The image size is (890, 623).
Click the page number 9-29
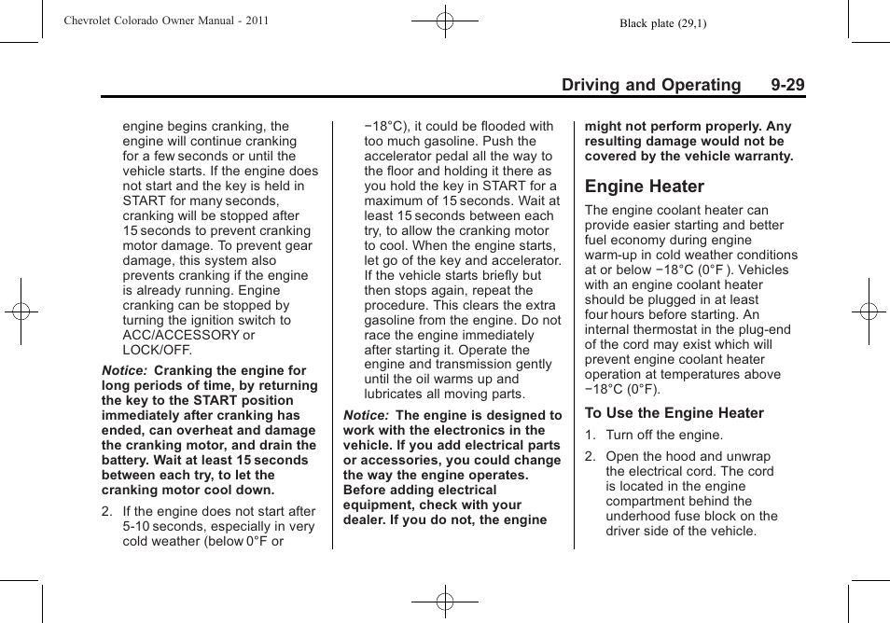pyautogui.click(x=787, y=85)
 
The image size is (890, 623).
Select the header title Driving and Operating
pyautogui.click(x=650, y=85)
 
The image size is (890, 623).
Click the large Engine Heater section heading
pyautogui.click(x=645, y=187)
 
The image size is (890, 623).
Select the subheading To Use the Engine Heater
pyautogui.click(x=674, y=413)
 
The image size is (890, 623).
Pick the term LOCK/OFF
pyautogui.click(x=157, y=350)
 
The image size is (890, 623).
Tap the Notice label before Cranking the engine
pyautogui.click(x=124, y=370)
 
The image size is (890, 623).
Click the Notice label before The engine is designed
pyautogui.click(x=366, y=415)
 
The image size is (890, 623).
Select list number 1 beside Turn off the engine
pyautogui.click(x=590, y=435)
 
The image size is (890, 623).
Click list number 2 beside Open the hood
pyautogui.click(x=590, y=456)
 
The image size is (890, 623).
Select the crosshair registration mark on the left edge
pyautogui.click(x=21, y=311)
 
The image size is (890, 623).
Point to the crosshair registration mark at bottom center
pyautogui.click(x=445, y=602)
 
